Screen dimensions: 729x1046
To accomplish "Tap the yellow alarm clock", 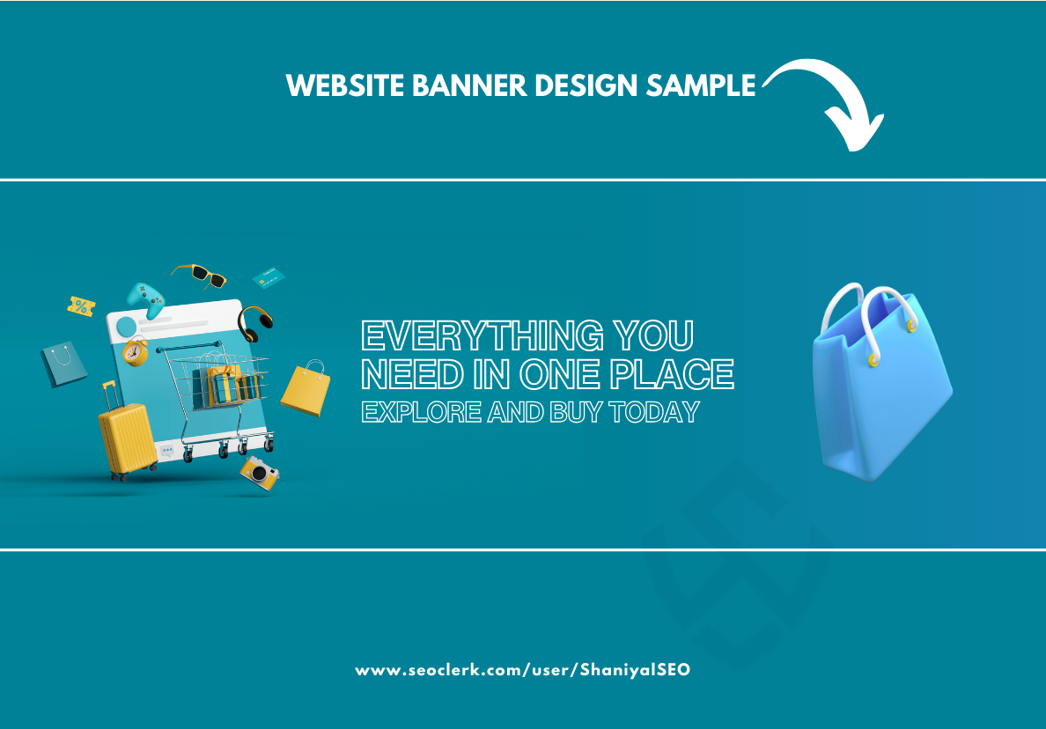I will click(x=136, y=350).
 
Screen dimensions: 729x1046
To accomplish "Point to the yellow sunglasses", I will click(x=201, y=276).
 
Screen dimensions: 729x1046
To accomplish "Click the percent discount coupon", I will click(x=81, y=306).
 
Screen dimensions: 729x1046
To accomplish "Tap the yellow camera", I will click(x=261, y=473).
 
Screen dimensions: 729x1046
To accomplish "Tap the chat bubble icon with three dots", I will click(x=167, y=452).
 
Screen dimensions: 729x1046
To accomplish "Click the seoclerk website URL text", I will click(x=523, y=670).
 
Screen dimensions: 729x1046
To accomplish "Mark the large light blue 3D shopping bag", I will click(x=880, y=387).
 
